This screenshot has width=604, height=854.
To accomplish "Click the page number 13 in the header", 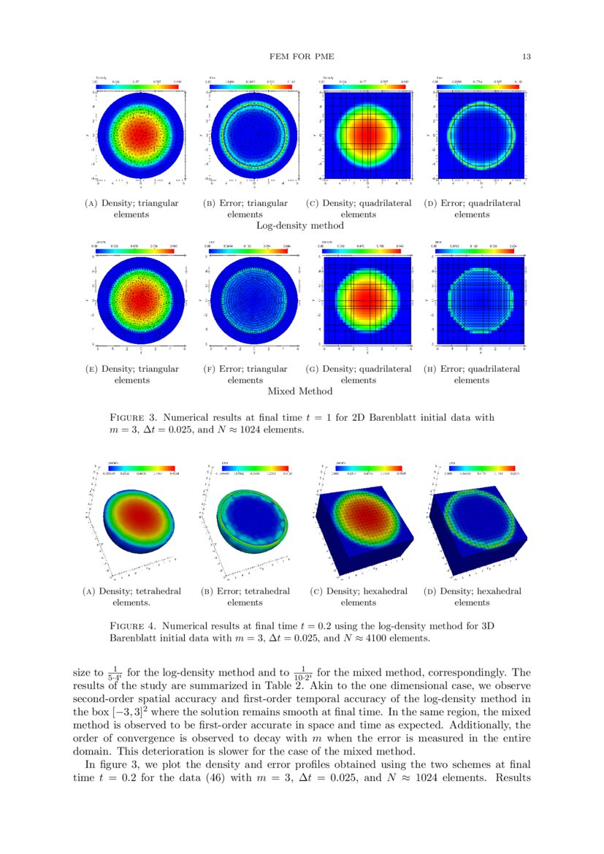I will point(526,56).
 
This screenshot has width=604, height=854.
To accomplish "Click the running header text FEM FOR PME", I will point(302,56).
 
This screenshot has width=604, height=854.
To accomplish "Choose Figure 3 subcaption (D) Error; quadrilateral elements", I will point(472,209).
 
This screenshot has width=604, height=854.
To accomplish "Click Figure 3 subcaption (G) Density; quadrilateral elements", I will point(358,375).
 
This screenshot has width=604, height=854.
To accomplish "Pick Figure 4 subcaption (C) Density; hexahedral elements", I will point(358,597).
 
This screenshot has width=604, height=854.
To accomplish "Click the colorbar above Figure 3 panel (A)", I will point(137,86).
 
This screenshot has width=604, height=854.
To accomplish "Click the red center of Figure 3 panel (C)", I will point(365,136).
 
